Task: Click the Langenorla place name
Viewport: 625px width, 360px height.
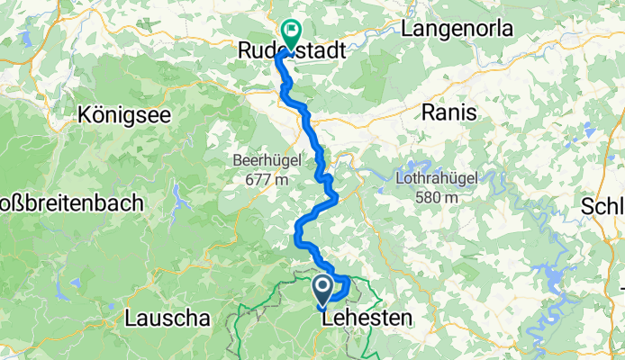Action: tap(457, 29)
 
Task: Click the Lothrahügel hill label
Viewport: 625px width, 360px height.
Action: tap(436, 178)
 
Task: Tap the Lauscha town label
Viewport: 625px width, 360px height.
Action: tap(167, 318)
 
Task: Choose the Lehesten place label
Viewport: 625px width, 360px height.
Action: tap(366, 318)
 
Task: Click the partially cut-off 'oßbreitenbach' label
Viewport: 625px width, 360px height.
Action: tap(72, 203)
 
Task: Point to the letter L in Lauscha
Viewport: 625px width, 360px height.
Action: tap(130, 318)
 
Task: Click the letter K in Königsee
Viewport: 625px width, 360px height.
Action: tap(84, 115)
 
